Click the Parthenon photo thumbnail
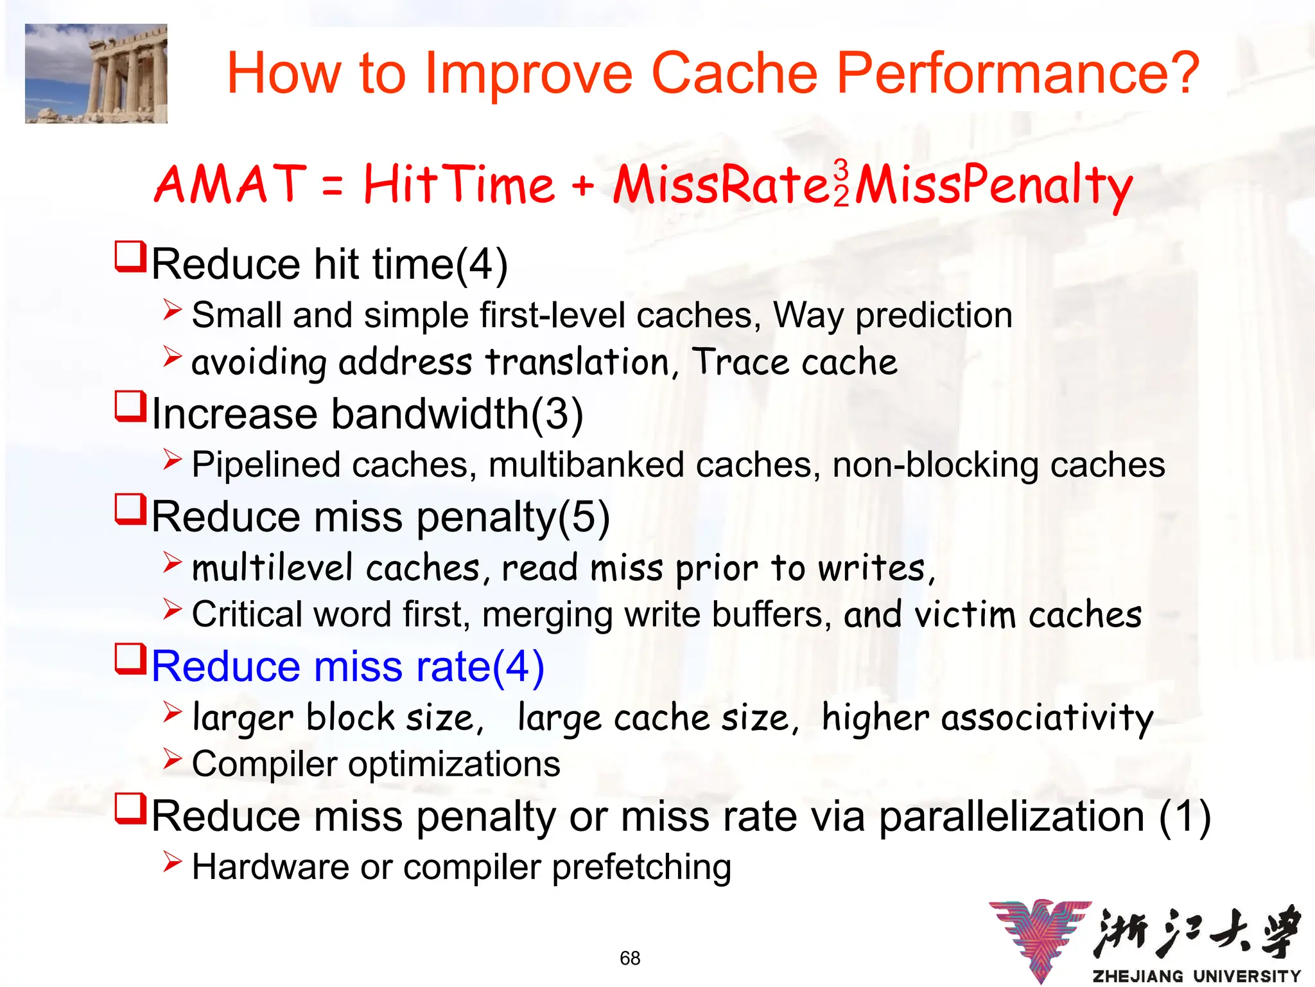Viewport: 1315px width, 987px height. click(96, 73)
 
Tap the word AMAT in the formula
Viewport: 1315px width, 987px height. click(230, 184)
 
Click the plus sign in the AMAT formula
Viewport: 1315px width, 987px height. click(582, 186)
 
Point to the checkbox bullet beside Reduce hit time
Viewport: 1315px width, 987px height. click(130, 257)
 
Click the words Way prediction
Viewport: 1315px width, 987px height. click(893, 315)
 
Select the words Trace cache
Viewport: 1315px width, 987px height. click(794, 362)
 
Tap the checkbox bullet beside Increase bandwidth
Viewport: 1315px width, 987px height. click(130, 407)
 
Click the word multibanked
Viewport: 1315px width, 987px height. click(586, 465)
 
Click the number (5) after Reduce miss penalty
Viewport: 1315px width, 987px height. click(584, 517)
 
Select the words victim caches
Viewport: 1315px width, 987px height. click(1027, 615)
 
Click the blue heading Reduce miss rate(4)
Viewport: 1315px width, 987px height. click(347, 666)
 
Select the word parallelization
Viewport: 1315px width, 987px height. click(1011, 816)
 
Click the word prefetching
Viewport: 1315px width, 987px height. click(641, 867)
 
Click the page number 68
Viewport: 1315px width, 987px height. click(630, 958)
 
